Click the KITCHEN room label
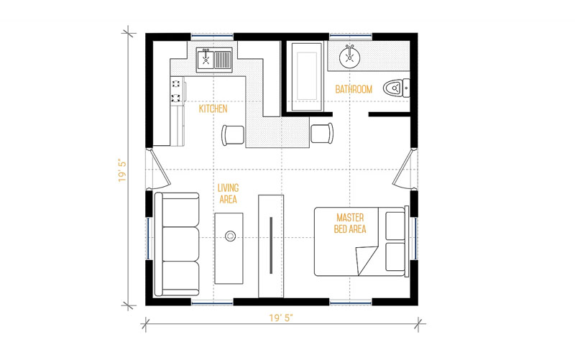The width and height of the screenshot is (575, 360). pos(213,109)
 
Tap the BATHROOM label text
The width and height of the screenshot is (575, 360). pos(354,89)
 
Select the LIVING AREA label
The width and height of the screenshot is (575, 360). pos(228,193)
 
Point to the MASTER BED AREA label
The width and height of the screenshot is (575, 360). pos(350,223)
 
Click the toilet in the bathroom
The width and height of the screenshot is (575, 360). pos(396,88)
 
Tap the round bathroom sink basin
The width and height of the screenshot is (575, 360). pos(349,57)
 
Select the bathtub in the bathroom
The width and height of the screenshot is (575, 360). pos(307,76)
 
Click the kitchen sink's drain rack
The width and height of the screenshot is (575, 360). pos(223,60)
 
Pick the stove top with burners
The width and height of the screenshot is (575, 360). pos(177,91)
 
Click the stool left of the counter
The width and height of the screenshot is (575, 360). pos(232,134)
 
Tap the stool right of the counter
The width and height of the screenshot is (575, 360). pos(322,133)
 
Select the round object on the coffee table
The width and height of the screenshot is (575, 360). pos(230,236)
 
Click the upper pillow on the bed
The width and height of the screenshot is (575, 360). pos(395,225)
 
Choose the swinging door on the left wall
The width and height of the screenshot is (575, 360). pos(159,167)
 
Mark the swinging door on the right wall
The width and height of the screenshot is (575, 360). pos(403,168)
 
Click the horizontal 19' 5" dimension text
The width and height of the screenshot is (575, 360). pos(281,318)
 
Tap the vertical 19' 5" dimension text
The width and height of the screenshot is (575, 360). pos(122,170)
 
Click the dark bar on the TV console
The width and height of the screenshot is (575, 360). pos(271,245)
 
